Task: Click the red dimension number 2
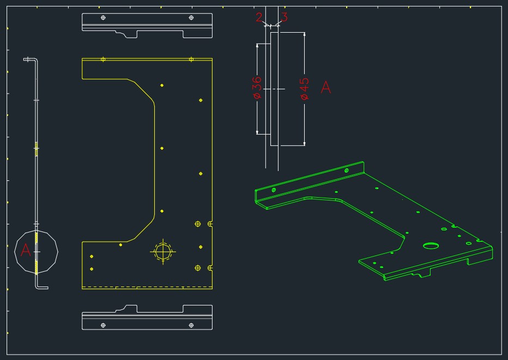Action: [259, 17]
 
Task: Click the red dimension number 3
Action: [283, 17]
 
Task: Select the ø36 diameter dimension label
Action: [257, 88]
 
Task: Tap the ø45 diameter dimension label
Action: [304, 89]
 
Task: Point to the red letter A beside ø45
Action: [325, 87]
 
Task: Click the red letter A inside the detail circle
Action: [25, 251]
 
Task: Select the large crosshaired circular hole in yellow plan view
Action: [163, 252]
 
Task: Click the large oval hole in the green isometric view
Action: [431, 246]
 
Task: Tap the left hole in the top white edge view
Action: [104, 17]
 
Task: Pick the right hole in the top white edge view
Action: [191, 17]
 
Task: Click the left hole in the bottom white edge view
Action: [104, 325]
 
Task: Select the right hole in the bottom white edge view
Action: [191, 325]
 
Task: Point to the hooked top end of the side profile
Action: [31, 59]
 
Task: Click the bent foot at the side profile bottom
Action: [42, 287]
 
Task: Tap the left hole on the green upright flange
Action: [274, 190]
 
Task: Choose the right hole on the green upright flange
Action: [346, 170]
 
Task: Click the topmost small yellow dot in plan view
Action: [162, 85]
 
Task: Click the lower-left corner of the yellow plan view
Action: [82, 288]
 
